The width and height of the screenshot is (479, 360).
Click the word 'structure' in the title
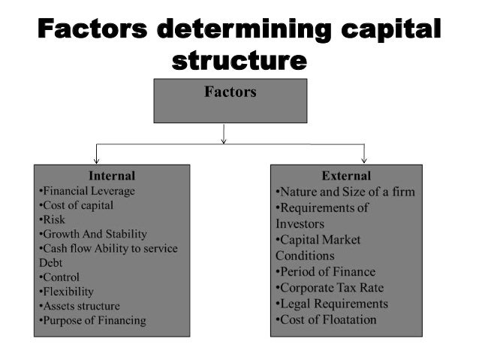click(x=239, y=59)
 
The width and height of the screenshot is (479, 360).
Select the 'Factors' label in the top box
click(x=230, y=92)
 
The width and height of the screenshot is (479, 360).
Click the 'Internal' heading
click(x=112, y=176)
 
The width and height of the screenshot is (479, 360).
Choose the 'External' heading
click(x=346, y=176)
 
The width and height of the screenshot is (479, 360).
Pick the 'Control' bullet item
click(x=59, y=277)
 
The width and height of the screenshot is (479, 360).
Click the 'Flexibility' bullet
click(x=65, y=292)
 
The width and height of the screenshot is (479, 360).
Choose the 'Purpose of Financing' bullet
click(x=92, y=321)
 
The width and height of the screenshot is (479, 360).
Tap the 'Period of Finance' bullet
click(x=325, y=272)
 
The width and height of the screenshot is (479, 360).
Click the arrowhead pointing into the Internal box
click(x=95, y=160)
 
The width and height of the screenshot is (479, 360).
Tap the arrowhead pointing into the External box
click(x=364, y=159)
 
